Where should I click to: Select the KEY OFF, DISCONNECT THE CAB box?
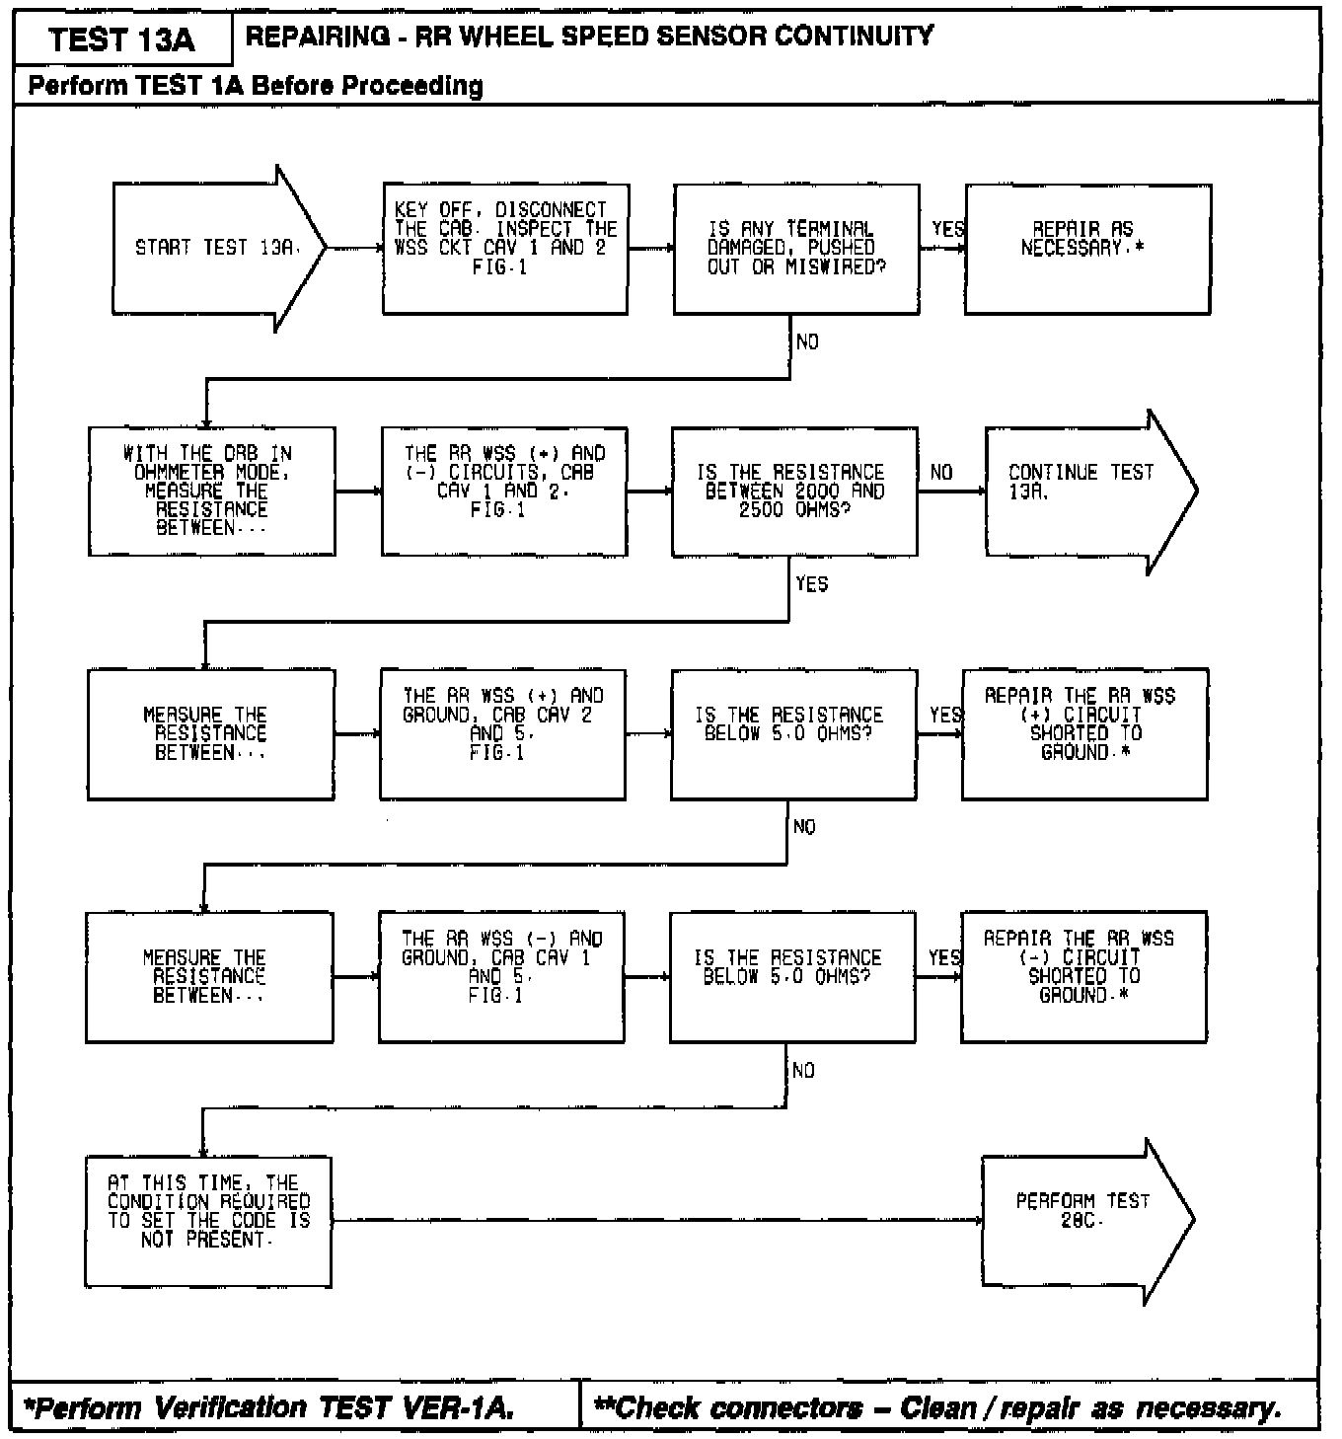click(x=504, y=249)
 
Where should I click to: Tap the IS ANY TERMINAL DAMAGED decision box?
click(x=795, y=249)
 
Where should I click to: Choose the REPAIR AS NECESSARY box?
click(x=1086, y=249)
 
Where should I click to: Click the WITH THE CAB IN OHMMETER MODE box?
click(x=211, y=491)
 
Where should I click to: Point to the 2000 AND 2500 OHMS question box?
click(x=794, y=491)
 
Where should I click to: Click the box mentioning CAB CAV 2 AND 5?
click(x=502, y=733)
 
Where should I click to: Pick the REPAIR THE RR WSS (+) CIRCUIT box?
click(x=1083, y=733)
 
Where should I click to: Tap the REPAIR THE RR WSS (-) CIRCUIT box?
click(x=1082, y=976)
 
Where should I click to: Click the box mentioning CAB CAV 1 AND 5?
click(x=501, y=976)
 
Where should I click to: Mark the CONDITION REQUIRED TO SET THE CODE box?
click(x=208, y=1221)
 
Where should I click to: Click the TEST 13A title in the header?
click(x=122, y=40)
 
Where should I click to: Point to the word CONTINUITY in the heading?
click(x=854, y=37)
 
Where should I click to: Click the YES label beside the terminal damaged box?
click(x=948, y=229)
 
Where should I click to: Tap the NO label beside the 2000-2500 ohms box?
click(x=941, y=473)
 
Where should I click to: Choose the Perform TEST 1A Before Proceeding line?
click(x=256, y=86)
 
